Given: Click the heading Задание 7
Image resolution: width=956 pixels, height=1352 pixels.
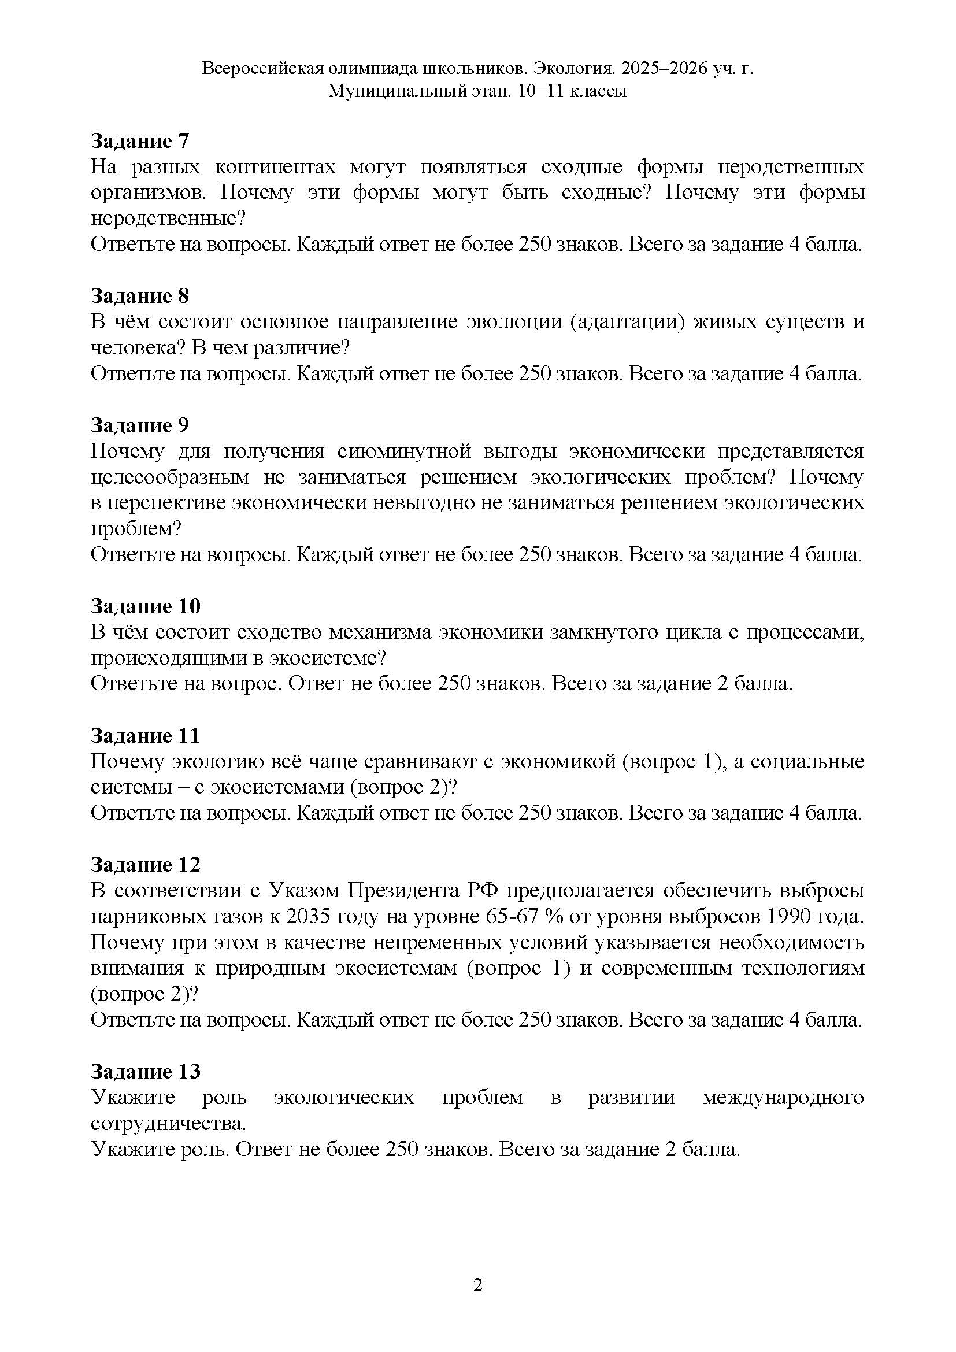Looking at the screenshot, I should coord(139,141).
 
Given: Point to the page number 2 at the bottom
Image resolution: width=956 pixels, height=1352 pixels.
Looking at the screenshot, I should coord(478,1284).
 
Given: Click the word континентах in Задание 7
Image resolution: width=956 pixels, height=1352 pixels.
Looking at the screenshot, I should coord(275,167).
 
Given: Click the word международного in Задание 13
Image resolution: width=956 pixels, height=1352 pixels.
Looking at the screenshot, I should coord(783,1097).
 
